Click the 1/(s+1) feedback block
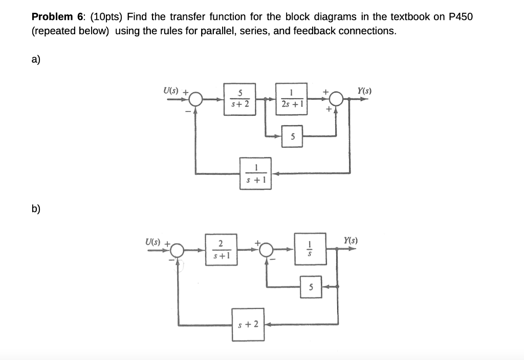(x=255, y=174)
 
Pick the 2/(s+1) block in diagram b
(x=220, y=250)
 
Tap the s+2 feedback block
(x=248, y=324)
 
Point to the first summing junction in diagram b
(x=178, y=250)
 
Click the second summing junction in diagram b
(x=266, y=250)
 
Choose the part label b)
(x=36, y=209)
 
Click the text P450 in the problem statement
(x=461, y=16)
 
